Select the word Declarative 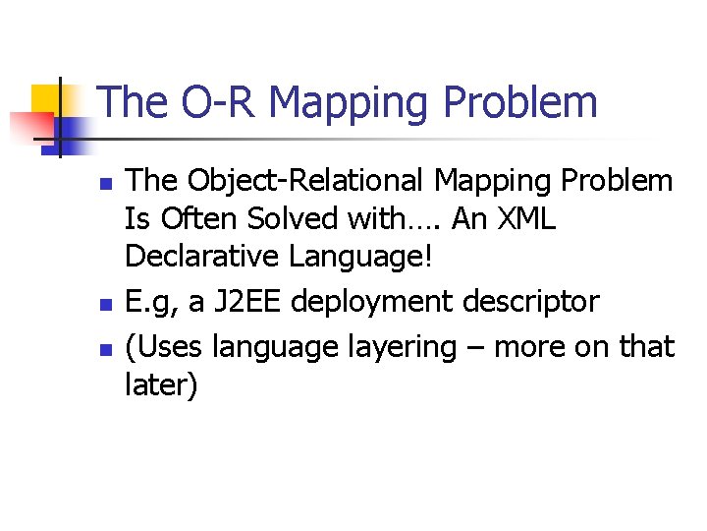click(x=203, y=258)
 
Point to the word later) click(x=162, y=384)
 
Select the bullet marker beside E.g click(x=107, y=305)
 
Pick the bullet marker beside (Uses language click(x=107, y=350)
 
